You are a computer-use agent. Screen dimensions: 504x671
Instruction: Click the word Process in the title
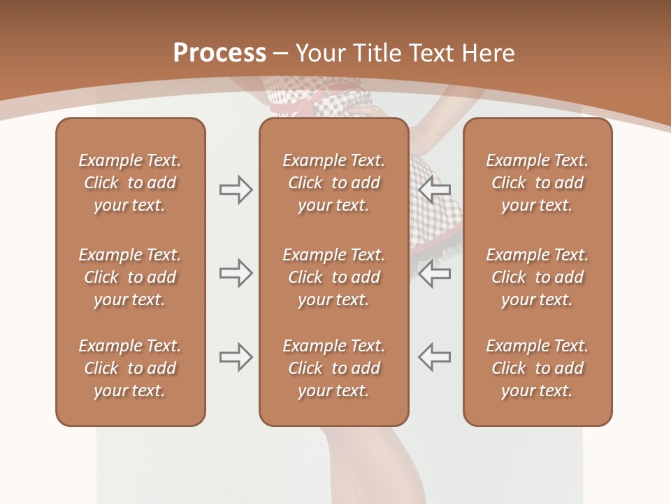click(219, 53)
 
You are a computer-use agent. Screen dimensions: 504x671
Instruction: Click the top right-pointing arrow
click(236, 190)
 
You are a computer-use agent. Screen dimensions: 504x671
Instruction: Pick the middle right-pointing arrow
click(236, 273)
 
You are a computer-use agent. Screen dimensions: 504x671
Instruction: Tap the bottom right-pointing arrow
click(236, 357)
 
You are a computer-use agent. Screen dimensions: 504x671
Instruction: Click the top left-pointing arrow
click(435, 190)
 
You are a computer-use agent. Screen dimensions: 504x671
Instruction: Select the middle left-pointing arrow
click(435, 273)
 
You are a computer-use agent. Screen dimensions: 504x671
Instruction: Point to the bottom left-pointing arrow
click(435, 357)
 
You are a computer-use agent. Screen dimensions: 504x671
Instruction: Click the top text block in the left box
click(130, 183)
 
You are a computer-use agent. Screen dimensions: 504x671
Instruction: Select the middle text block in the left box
click(130, 277)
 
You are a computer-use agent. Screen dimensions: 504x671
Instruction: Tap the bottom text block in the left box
click(130, 368)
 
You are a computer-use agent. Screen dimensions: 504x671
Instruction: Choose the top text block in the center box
click(333, 183)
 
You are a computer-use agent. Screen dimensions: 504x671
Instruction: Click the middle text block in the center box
click(333, 277)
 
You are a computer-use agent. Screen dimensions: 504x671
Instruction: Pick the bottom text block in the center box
click(333, 368)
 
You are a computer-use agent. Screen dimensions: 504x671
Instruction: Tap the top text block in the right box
click(537, 183)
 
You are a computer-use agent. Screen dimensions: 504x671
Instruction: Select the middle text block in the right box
click(537, 277)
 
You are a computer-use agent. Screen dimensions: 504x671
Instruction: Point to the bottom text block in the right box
click(537, 368)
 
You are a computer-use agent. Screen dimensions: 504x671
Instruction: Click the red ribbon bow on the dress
click(310, 99)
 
